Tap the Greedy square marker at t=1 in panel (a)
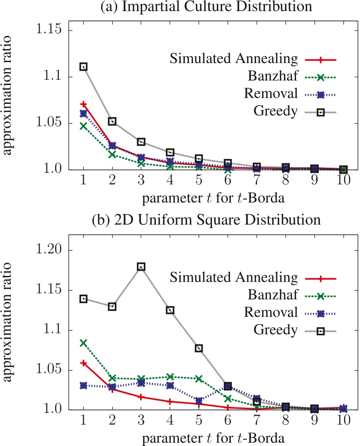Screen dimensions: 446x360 (x=83, y=67)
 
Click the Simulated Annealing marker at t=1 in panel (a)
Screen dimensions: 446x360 (x=83, y=104)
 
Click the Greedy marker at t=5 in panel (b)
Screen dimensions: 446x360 (x=199, y=348)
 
